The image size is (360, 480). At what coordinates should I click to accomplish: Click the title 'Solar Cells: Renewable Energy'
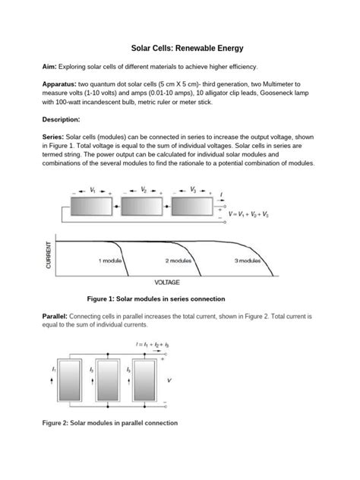coord(187,49)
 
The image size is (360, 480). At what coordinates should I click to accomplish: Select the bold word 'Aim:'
coord(49,67)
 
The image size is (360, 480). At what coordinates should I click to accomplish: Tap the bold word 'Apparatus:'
coord(59,84)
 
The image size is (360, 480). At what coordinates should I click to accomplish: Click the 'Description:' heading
coord(61,119)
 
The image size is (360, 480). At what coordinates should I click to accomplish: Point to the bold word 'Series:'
coord(53,137)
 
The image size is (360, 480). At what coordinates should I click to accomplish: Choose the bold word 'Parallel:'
coord(55,316)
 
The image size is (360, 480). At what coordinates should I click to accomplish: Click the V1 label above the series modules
coord(93,191)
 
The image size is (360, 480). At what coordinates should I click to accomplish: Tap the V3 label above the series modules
coord(193,190)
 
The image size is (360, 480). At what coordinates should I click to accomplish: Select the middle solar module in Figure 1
coord(142,207)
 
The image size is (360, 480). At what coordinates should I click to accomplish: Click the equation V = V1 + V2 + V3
coord(248,214)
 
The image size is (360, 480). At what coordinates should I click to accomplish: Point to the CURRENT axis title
coord(49,255)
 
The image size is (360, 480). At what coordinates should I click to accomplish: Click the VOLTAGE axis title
coord(167,283)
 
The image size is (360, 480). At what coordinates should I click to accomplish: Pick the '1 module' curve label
coord(110,261)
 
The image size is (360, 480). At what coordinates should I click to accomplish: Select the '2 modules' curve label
coord(178,261)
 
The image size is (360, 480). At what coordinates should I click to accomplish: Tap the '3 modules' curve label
coord(248,261)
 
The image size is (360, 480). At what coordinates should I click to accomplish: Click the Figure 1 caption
coord(156,298)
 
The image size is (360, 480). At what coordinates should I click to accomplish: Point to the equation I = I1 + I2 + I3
coord(153,345)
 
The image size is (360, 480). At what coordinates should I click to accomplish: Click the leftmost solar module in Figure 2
coord(69,381)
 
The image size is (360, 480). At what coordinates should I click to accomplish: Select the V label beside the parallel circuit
coord(169,381)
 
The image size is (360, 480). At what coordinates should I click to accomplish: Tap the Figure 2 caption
coord(110,423)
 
